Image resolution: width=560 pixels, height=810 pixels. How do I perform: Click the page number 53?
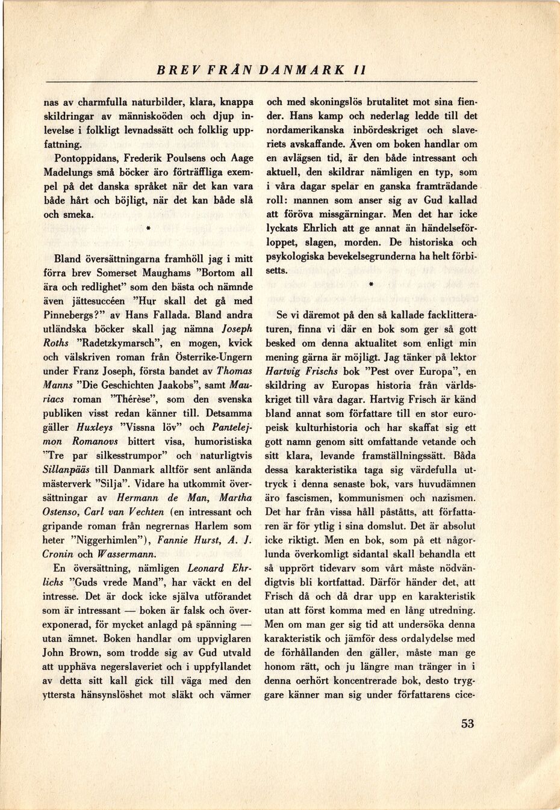(467, 723)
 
